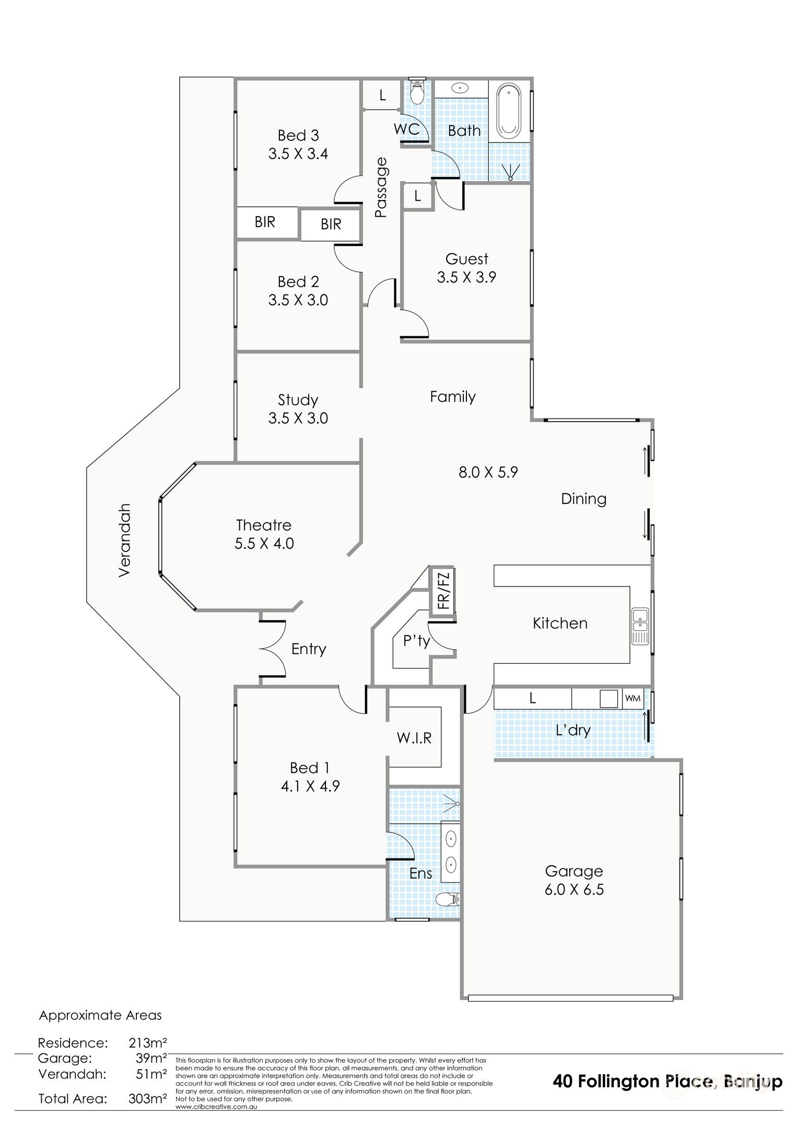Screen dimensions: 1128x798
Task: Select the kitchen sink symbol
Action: (640, 626)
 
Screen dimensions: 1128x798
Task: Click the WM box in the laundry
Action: (632, 699)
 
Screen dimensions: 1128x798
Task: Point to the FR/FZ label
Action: (443, 591)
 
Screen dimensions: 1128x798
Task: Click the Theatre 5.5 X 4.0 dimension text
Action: (264, 544)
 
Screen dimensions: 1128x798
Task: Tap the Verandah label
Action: (124, 540)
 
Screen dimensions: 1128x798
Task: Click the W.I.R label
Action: (414, 738)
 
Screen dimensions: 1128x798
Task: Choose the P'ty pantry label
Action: (416, 641)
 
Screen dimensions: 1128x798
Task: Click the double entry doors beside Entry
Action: (273, 650)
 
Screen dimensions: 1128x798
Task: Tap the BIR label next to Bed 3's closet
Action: (265, 222)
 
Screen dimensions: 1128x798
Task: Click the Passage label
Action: (382, 187)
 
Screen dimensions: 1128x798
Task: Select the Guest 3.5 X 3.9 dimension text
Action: (466, 277)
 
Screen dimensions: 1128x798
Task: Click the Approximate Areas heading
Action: (101, 1015)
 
